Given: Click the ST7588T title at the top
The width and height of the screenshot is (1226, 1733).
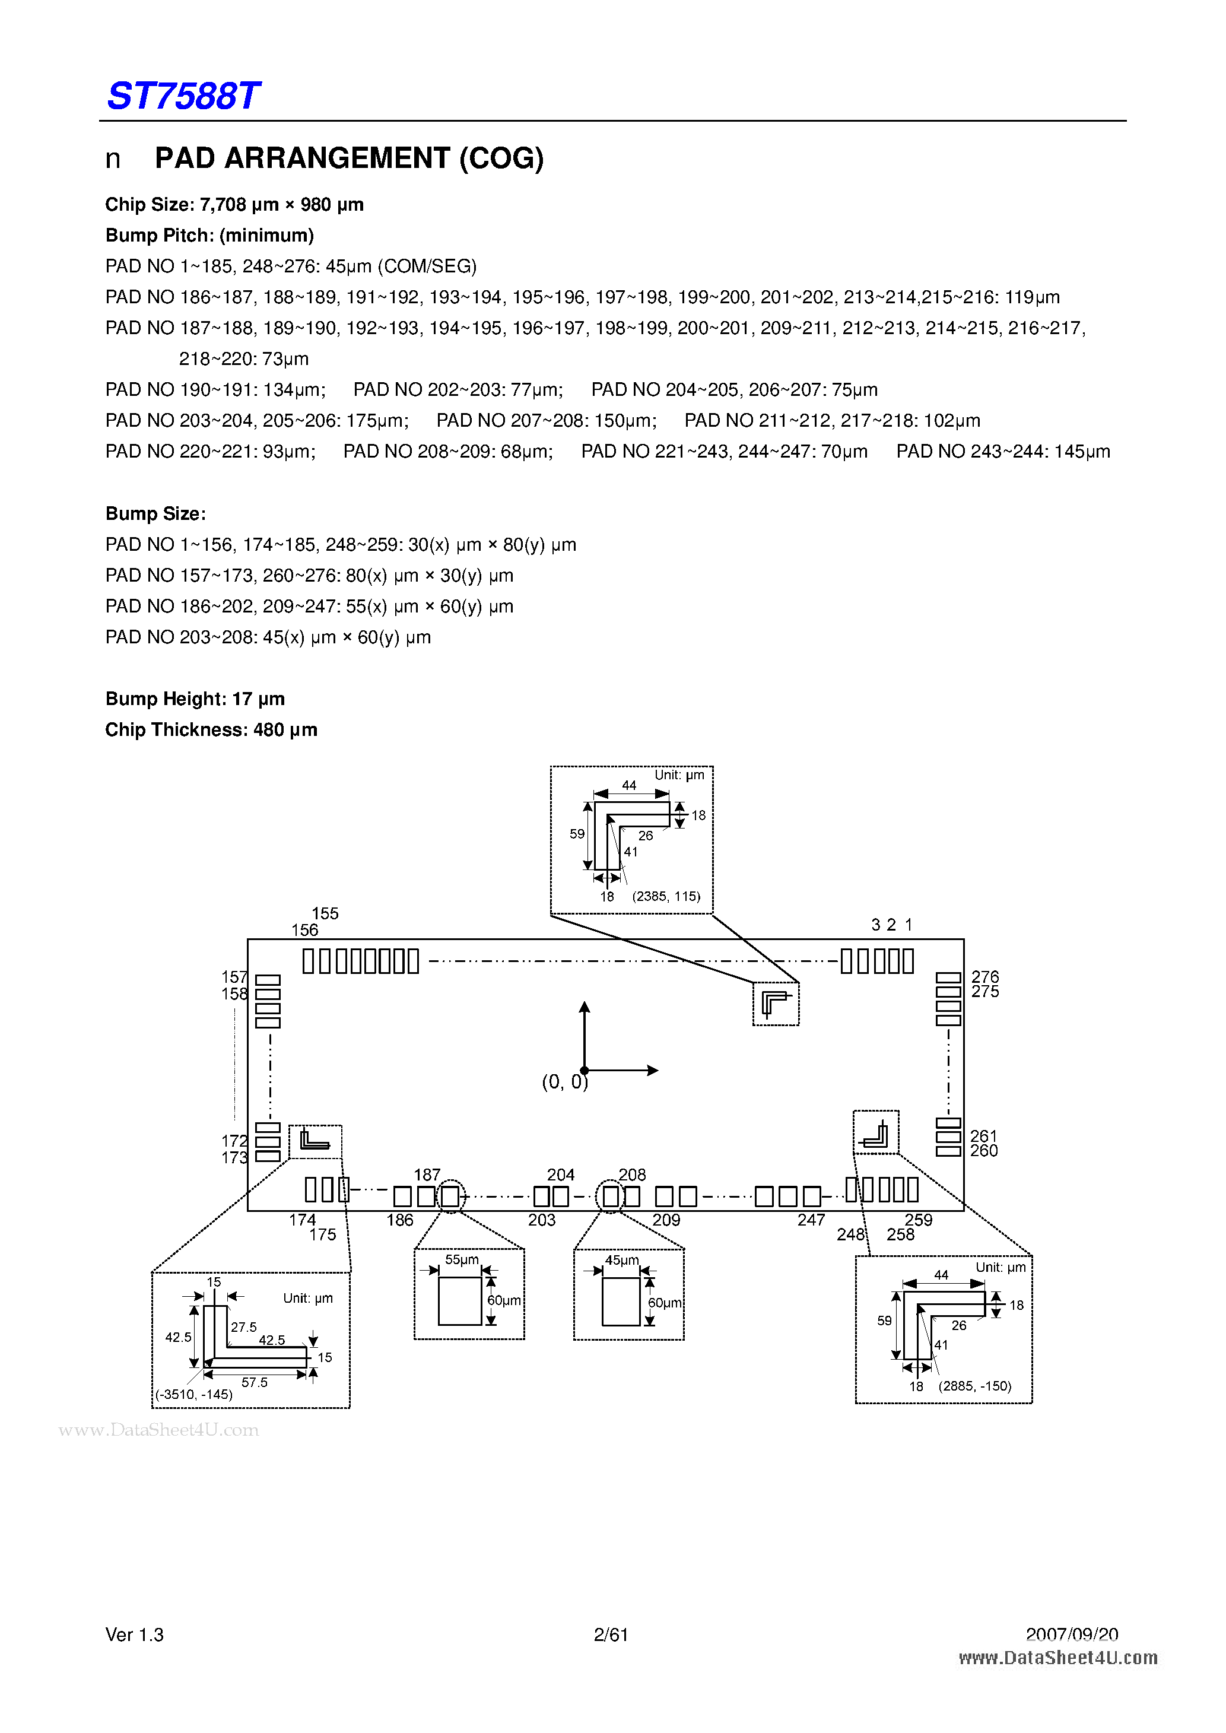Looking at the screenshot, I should click(183, 96).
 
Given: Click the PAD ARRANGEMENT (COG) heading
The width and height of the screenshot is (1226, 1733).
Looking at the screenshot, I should click(349, 158).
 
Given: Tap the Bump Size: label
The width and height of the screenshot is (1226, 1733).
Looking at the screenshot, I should click(155, 514).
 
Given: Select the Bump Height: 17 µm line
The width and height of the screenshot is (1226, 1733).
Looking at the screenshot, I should click(195, 699).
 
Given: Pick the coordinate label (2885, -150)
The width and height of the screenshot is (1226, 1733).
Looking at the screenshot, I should click(974, 1386).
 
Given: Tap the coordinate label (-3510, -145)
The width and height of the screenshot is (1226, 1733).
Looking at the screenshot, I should click(194, 1394).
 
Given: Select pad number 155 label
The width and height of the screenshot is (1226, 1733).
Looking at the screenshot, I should click(325, 913).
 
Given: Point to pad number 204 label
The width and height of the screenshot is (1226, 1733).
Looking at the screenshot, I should click(561, 1175).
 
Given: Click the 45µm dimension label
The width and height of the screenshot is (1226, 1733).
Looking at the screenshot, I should click(622, 1261).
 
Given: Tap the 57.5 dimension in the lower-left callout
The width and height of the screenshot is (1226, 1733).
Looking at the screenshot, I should click(255, 1383).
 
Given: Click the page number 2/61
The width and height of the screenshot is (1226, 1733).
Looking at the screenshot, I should click(611, 1635).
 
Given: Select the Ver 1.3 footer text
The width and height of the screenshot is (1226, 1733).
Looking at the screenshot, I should click(134, 1635).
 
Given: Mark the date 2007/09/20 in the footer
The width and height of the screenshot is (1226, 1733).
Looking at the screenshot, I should click(1072, 1635).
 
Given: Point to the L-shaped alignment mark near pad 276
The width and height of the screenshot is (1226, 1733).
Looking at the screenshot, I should click(776, 1004).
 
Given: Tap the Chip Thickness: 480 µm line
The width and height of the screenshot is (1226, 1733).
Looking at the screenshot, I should click(211, 730).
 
